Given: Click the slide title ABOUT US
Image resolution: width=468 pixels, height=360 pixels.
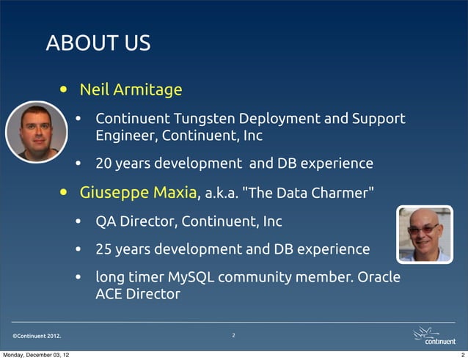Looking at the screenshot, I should pyautogui.click(x=98, y=43).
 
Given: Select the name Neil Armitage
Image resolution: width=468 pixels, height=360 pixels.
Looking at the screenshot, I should pyautogui.click(x=131, y=89).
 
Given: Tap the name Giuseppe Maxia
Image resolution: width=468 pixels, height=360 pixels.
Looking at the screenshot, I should pyautogui.click(x=138, y=193).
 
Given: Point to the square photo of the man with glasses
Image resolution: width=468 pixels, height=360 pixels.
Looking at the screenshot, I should pyautogui.click(x=425, y=234).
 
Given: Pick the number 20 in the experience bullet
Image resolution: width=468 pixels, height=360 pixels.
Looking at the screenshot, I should pyautogui.click(x=104, y=163).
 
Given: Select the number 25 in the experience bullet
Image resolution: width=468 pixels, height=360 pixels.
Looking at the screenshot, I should pyautogui.click(x=104, y=249).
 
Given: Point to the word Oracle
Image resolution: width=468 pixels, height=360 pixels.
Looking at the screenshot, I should pyautogui.click(x=379, y=278).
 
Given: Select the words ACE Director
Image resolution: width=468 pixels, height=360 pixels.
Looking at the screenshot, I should pyautogui.click(x=137, y=295).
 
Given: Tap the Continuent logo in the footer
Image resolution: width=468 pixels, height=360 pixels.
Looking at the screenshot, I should pyautogui.click(x=434, y=337).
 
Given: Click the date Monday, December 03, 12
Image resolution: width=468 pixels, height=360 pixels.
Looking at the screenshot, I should pyautogui.click(x=36, y=355).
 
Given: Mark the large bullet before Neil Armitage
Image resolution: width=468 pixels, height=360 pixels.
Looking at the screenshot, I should pyautogui.click(x=66, y=91).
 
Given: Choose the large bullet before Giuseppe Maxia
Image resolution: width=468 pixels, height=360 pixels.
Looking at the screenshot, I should pyautogui.click(x=66, y=194).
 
